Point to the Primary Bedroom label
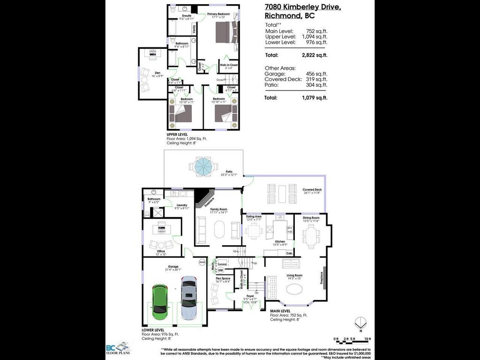(x=218, y=15)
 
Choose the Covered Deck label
(x=312, y=189)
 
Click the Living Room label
(x=295, y=276)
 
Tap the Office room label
(x=161, y=251)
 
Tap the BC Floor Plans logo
(x=118, y=348)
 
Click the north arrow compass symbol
(x=359, y=323)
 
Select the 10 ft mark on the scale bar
(x=367, y=338)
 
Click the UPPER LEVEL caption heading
(x=177, y=135)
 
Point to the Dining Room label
(x=311, y=217)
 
